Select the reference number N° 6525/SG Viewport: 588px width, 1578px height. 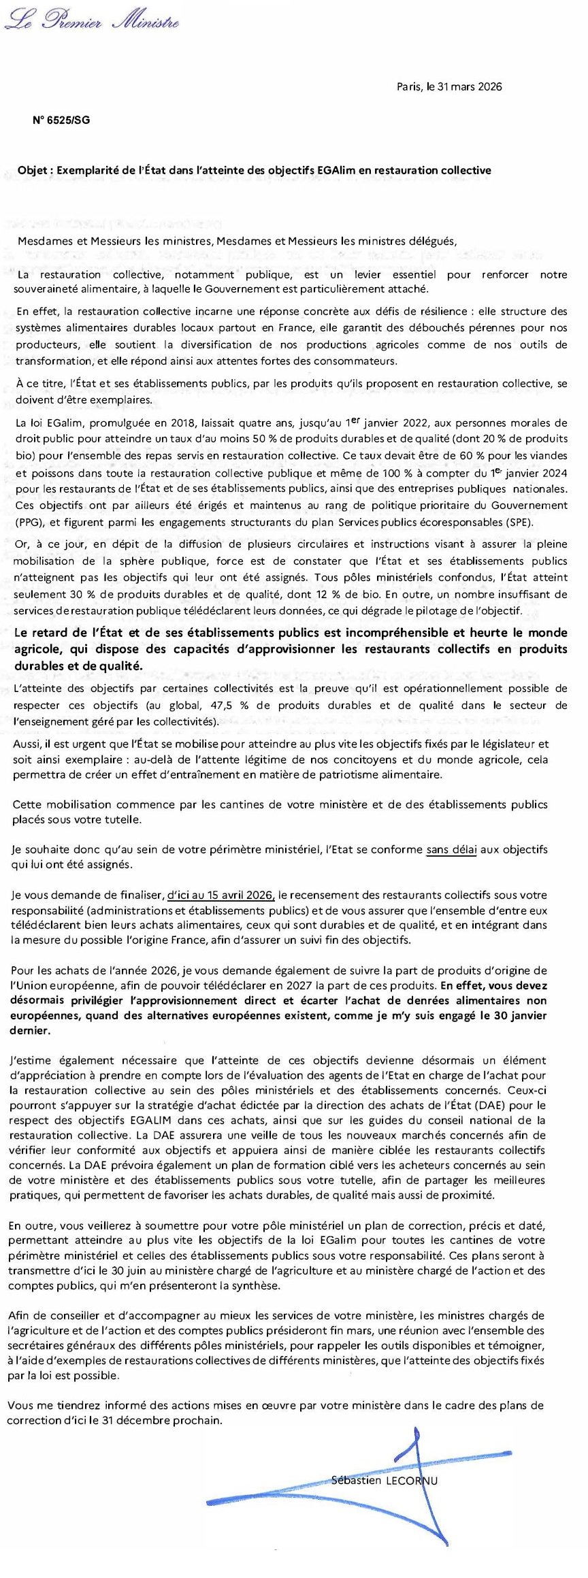(x=61, y=120)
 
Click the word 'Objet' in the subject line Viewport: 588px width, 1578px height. (x=32, y=170)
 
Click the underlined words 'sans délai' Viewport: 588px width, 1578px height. (x=451, y=849)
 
